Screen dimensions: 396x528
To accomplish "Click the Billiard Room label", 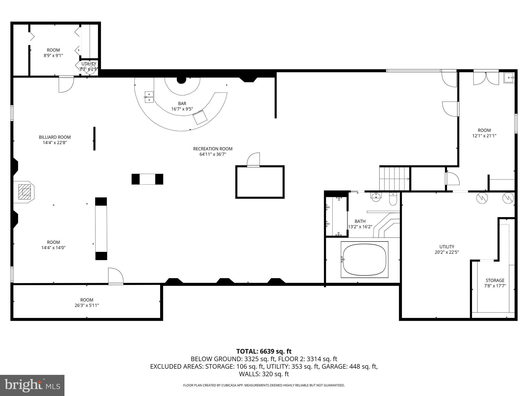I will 55,137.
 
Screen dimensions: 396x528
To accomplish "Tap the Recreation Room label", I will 213,149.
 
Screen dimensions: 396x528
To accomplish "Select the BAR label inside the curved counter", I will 182,104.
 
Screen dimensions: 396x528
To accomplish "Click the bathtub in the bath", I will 364,260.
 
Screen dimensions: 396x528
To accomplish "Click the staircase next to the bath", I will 394,179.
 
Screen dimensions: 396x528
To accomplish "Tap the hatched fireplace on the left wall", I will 26,192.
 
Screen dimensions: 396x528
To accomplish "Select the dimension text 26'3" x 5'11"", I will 87,305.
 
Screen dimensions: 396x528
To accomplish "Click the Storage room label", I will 495,280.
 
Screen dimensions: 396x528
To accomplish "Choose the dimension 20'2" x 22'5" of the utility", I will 447,252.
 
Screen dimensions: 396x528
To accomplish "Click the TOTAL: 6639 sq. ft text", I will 264,351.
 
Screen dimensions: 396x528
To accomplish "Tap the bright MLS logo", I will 32,385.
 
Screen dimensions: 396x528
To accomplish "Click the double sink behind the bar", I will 149,97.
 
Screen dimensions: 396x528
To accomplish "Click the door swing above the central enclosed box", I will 253,160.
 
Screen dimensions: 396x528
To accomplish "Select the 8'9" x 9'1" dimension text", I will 53,55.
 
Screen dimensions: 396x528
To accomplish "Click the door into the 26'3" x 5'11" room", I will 116,276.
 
